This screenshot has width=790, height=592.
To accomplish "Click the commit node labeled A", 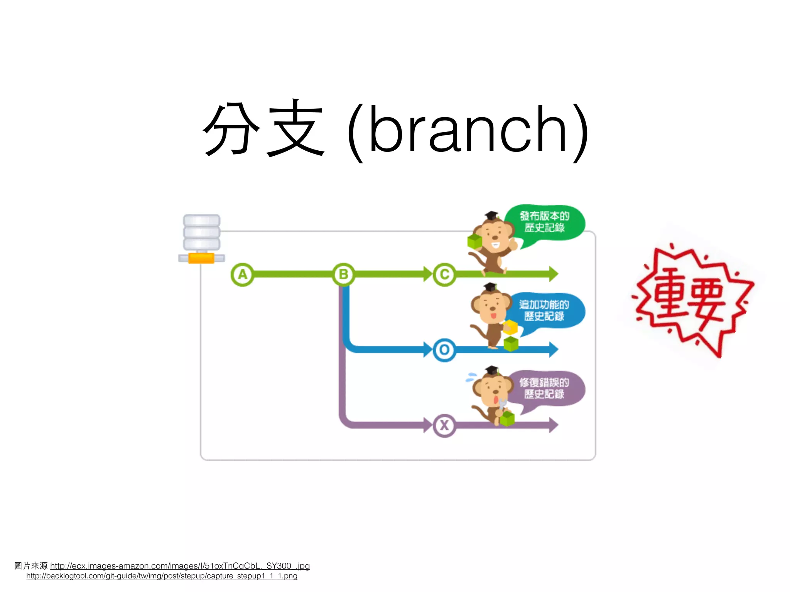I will pos(242,274).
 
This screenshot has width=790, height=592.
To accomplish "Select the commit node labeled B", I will pos(343,274).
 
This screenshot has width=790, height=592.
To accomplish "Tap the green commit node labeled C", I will pos(444,274).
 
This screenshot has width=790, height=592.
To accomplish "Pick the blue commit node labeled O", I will pos(444,350).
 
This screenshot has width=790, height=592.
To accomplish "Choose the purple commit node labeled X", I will pos(444,425).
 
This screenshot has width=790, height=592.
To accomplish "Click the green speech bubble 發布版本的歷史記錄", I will pos(545,222).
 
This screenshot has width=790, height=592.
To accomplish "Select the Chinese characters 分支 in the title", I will pos(263,128).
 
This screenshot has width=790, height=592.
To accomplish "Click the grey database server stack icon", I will pos(201,232).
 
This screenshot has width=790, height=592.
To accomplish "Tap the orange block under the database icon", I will pos(201,258).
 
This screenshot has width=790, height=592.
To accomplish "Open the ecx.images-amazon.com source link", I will pos(180,566).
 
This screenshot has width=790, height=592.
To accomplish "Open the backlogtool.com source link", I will pos(162,576).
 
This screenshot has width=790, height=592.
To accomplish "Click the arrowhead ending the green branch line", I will pos(554,274).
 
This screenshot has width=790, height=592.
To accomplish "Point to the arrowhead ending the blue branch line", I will pos(554,350).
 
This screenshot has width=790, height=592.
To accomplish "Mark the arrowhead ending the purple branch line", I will pos(554,425).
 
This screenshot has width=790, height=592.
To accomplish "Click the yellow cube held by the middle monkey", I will pos(510,327).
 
